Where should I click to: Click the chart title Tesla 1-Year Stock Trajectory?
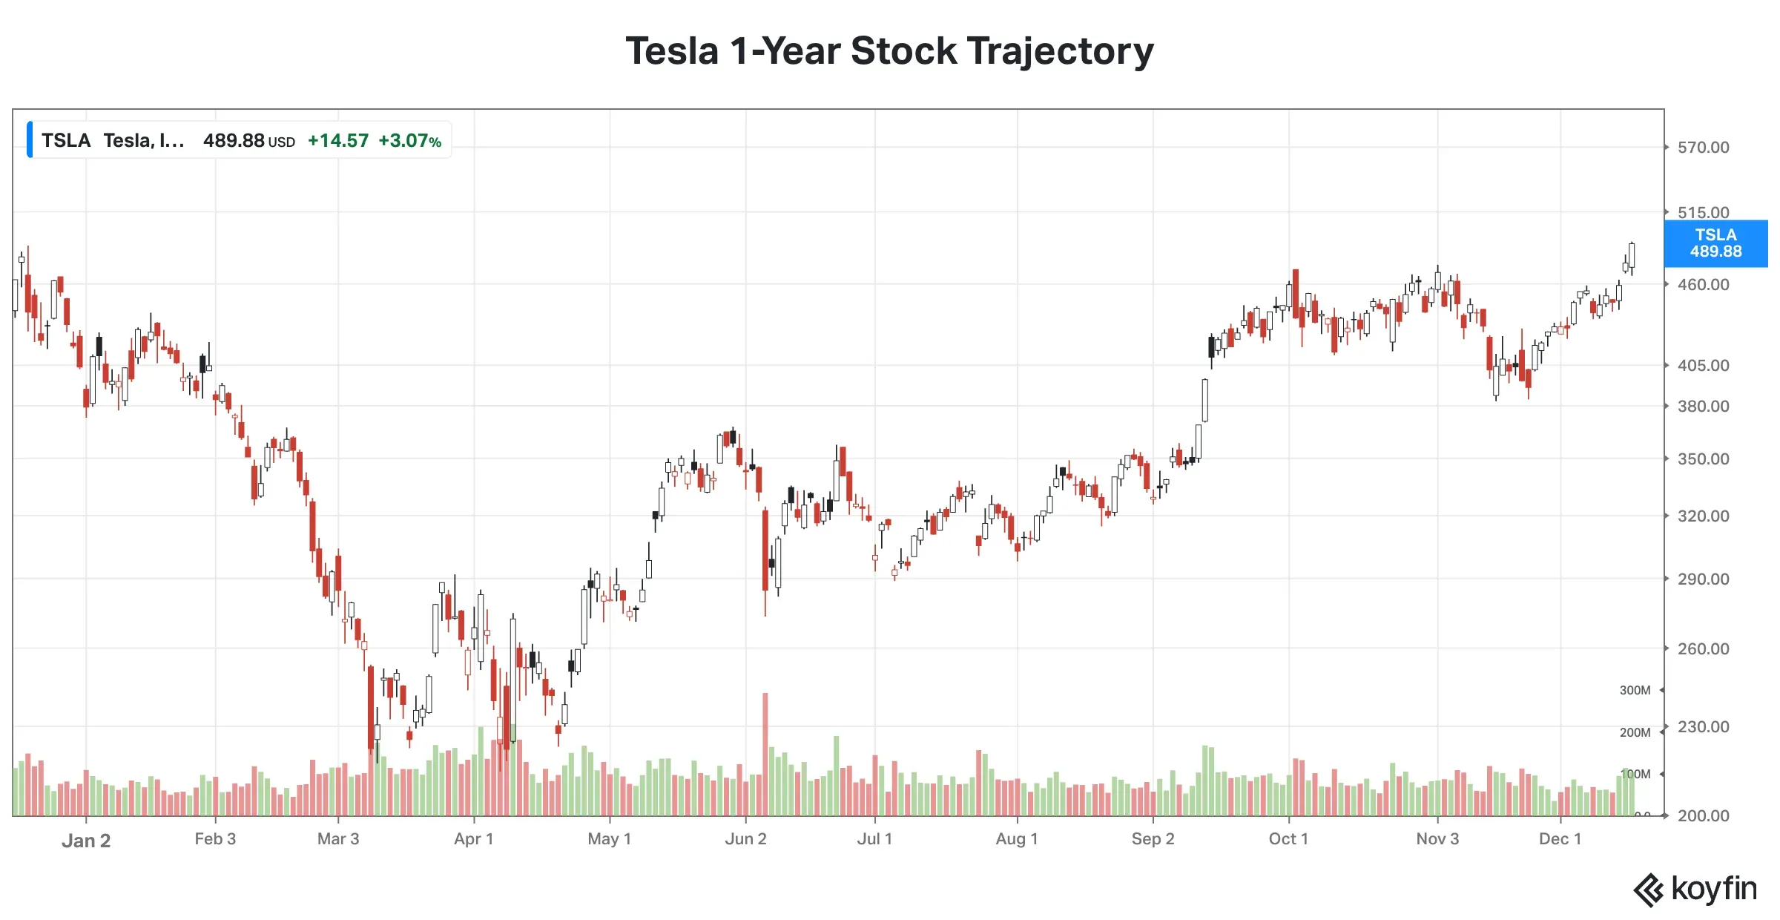click(x=889, y=51)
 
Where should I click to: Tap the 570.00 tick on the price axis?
click(x=1703, y=148)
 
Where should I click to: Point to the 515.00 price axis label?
click(x=1703, y=213)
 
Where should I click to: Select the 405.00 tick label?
click(x=1703, y=366)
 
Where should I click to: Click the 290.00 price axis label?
click(x=1703, y=579)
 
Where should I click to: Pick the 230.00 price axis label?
click(x=1703, y=727)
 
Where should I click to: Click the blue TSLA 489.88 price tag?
click(x=1715, y=243)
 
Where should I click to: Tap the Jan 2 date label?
click(x=86, y=841)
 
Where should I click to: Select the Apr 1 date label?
click(x=474, y=839)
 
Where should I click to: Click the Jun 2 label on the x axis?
click(x=745, y=839)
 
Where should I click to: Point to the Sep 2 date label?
click(x=1153, y=839)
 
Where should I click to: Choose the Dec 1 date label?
click(x=1560, y=839)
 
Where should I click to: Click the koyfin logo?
click(x=1695, y=889)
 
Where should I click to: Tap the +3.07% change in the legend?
click(x=409, y=141)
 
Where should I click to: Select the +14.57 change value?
click(x=338, y=141)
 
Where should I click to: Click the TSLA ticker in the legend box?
click(x=66, y=141)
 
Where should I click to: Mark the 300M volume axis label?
click(x=1635, y=691)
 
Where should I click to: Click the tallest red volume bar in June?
click(x=765, y=753)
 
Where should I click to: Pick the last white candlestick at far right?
click(x=1632, y=255)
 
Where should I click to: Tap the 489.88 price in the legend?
click(x=234, y=141)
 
